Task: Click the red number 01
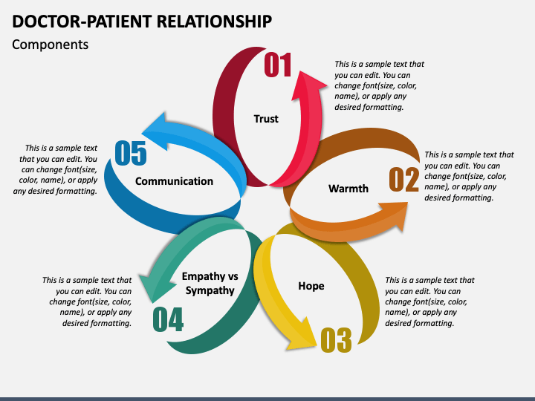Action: pyautogui.click(x=278, y=65)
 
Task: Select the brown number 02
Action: pyautogui.click(x=403, y=179)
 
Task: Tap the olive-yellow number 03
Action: pyautogui.click(x=336, y=340)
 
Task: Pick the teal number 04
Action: pyautogui.click(x=168, y=319)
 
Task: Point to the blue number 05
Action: pyautogui.click(x=131, y=153)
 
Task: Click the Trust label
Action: pyautogui.click(x=266, y=119)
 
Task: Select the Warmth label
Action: pyautogui.click(x=348, y=188)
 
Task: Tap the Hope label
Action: pyautogui.click(x=311, y=286)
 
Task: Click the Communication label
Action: pyautogui.click(x=174, y=181)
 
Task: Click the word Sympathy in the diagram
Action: pyautogui.click(x=210, y=290)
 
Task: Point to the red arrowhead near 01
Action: pyautogui.click(x=308, y=85)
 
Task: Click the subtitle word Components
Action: pyautogui.click(x=51, y=45)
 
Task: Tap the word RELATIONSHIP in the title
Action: pyautogui.click(x=214, y=21)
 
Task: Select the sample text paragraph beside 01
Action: pyautogui.click(x=379, y=85)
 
